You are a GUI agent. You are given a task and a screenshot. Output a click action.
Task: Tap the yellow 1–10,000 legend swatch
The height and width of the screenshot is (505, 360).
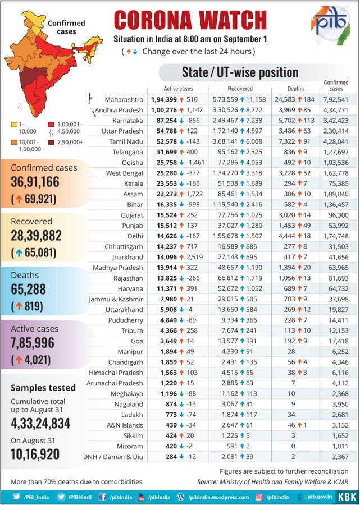(13, 124)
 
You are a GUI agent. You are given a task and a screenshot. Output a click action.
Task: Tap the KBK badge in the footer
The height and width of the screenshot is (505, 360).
(345, 496)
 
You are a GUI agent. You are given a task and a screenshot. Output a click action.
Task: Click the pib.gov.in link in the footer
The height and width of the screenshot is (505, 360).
(321, 496)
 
